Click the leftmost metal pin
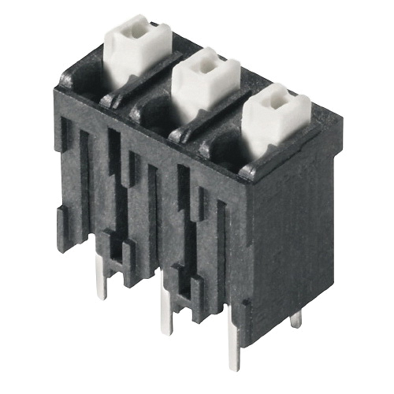pyautogui.click(x=102, y=281)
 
